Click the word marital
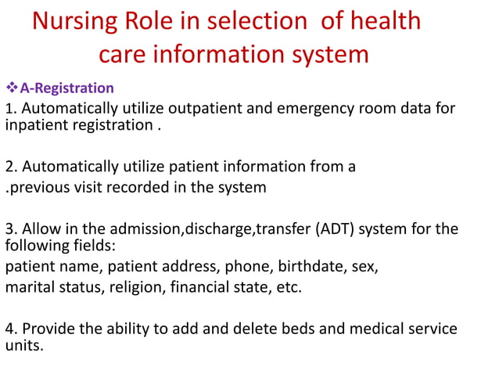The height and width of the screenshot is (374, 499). coord(31,287)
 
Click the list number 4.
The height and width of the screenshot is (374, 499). coord(10,329)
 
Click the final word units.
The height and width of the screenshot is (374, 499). coord(23,345)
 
